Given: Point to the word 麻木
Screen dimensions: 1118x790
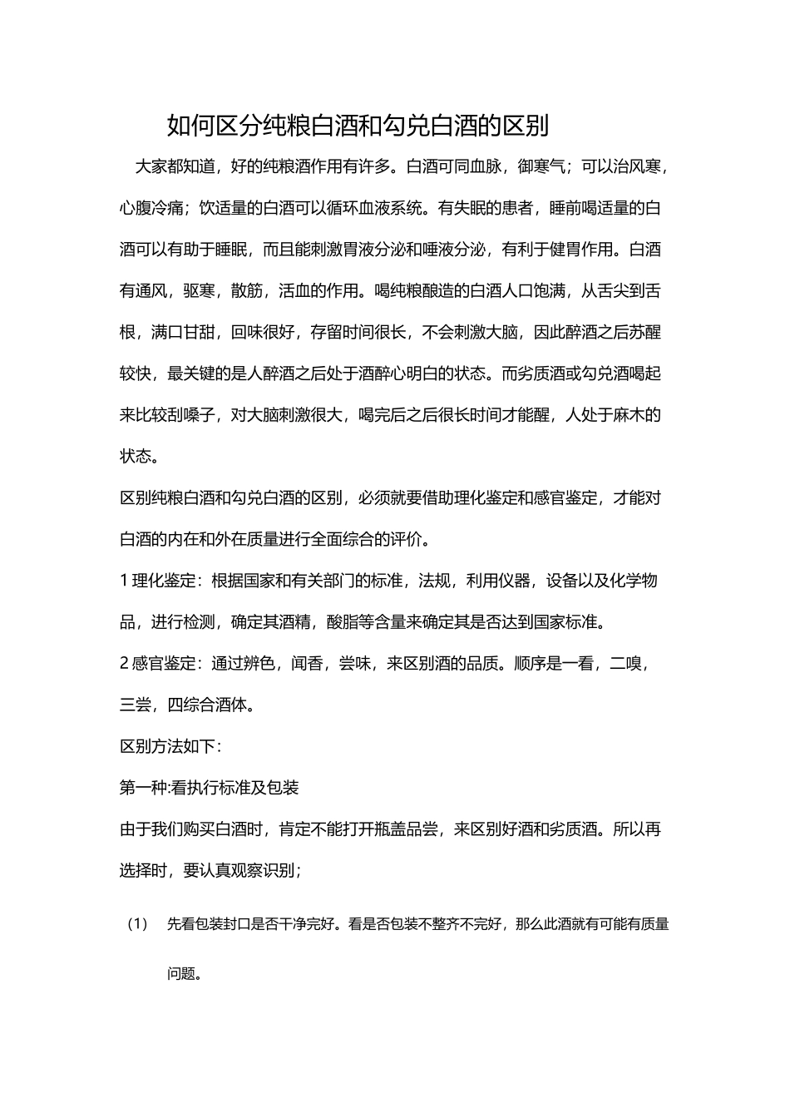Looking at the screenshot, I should click(630, 415).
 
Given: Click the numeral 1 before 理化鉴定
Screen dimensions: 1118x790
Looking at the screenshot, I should click(124, 581).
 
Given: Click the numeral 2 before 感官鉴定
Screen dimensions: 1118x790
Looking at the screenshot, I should click(124, 664).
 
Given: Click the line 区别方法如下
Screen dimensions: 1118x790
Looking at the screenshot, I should click(170, 746).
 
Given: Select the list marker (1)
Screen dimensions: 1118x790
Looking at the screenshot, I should click(138, 924).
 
